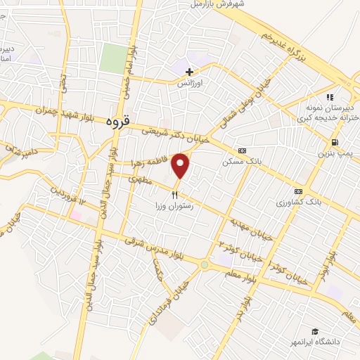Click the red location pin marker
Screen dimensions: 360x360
[181, 165]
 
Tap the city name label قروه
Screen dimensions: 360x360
[117, 120]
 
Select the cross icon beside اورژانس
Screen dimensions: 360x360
[189, 71]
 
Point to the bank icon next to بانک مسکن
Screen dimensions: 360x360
[243, 150]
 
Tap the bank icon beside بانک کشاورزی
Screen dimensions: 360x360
[298, 191]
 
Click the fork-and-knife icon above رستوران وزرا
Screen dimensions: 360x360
[175, 194]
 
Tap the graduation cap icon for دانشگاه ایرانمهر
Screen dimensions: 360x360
[315, 331]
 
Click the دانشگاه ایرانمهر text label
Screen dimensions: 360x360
[316, 342]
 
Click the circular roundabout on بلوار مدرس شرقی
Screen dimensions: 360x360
[204, 265]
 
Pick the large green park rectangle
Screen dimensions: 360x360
[111, 58]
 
